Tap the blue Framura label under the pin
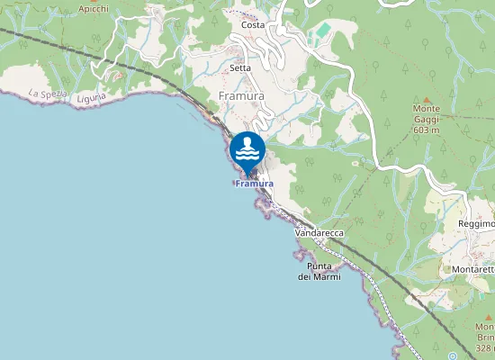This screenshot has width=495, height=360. tap(254, 184)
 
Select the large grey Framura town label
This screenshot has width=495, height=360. tap(240, 94)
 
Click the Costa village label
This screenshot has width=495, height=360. tap(253, 25)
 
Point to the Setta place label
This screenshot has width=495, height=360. tap(240, 67)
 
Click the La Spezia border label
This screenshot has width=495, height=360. tap(47, 93)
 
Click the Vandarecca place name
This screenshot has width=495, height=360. tap(319, 232)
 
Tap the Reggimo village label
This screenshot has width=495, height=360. tap(476, 223)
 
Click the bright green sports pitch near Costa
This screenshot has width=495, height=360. tap(322, 31)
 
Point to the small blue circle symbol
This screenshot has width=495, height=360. tap(453, 355)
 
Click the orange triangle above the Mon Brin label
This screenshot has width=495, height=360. tap(479, 314)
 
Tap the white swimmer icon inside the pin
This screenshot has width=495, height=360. tap(247, 148)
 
